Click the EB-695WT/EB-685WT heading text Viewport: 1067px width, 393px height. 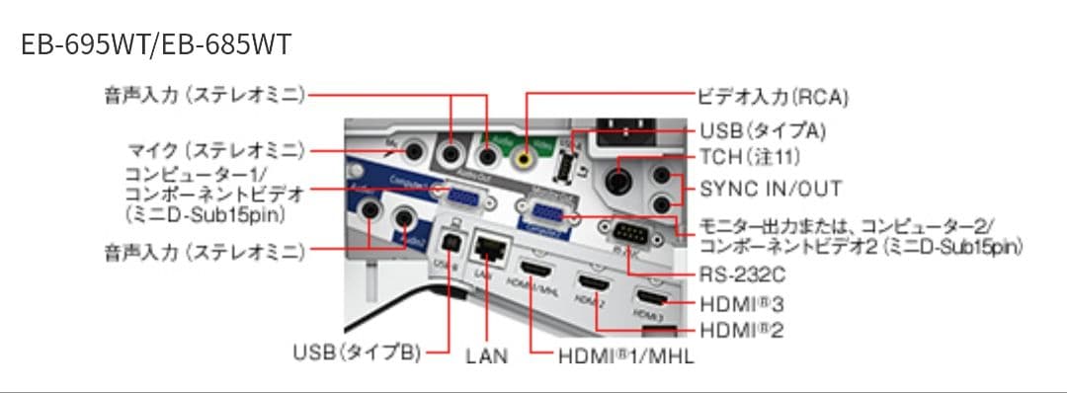(156, 46)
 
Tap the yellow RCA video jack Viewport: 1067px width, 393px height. (525, 155)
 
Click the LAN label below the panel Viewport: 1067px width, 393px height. (486, 354)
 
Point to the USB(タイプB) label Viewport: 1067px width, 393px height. (357, 353)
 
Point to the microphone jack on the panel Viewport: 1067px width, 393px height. (414, 150)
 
